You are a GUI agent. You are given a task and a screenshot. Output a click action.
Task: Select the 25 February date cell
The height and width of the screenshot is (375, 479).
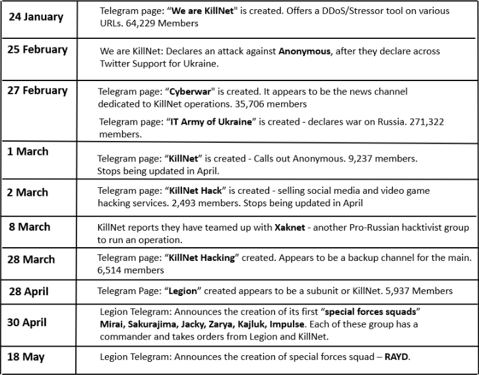[x=38, y=49]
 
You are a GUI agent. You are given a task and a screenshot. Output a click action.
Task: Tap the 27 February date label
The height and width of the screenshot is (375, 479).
[x=38, y=90]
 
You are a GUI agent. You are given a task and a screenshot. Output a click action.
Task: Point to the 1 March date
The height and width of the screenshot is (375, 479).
[x=28, y=152]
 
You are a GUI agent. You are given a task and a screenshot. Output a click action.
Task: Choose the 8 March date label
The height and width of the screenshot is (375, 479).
[x=30, y=227]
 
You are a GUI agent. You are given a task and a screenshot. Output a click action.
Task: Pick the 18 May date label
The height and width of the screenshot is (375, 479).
[x=26, y=357]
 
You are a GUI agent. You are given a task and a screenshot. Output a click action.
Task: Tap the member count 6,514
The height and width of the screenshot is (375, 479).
[x=113, y=270]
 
